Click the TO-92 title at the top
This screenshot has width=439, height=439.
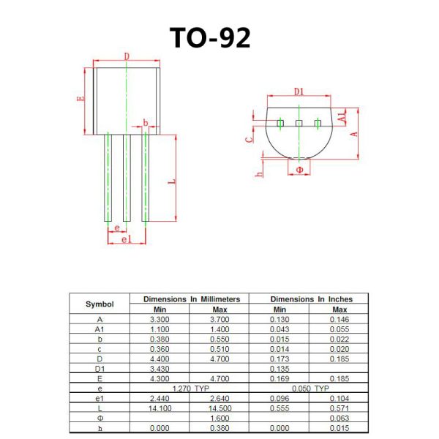[x=210, y=37]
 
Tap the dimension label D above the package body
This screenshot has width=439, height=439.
[x=127, y=56]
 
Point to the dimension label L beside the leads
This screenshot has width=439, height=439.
[x=170, y=181]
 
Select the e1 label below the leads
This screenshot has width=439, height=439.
[x=124, y=239]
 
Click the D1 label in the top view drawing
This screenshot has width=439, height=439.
[x=299, y=91]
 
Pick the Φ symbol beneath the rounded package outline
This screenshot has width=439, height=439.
[x=299, y=169]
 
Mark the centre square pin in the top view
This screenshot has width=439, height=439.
[x=299, y=123]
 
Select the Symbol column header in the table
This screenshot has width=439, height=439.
[x=100, y=304]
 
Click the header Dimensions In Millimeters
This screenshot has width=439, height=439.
[x=190, y=299]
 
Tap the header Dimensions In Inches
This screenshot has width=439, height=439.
[x=311, y=299]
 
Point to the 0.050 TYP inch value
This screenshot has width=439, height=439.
[x=310, y=388]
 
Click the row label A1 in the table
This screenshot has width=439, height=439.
[x=100, y=329]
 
